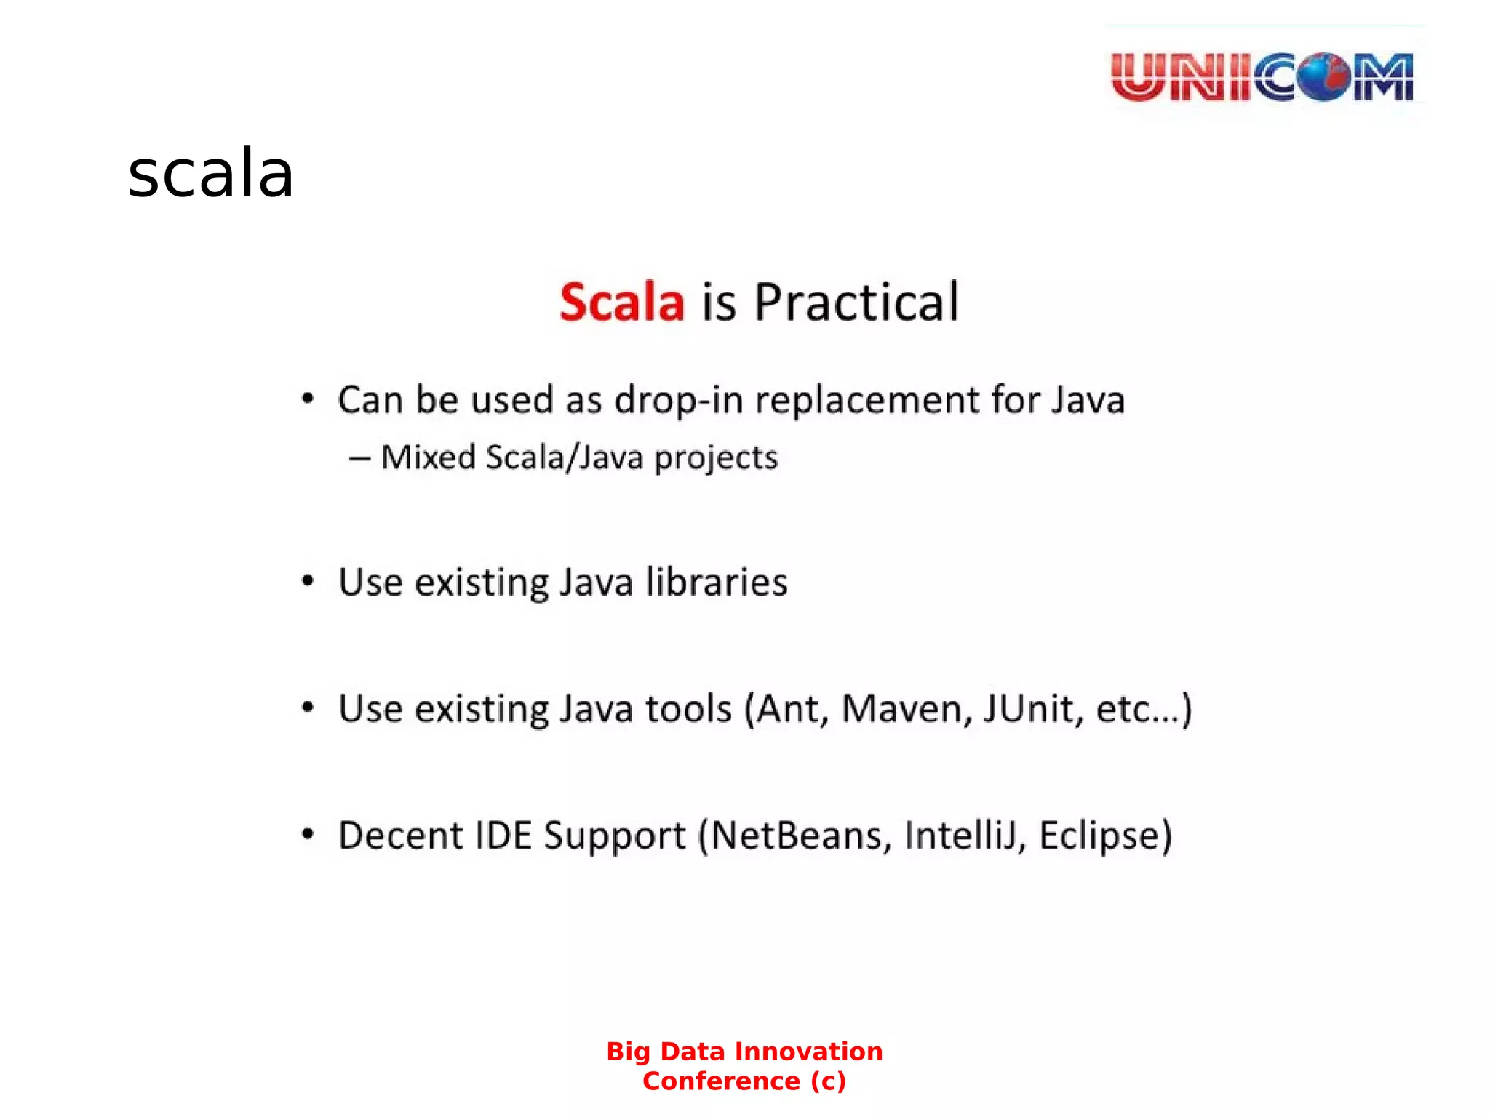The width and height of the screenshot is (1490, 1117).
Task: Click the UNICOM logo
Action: click(x=1262, y=76)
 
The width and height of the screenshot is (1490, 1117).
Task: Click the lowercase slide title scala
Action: click(x=210, y=174)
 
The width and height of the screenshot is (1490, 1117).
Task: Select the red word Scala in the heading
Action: click(x=622, y=302)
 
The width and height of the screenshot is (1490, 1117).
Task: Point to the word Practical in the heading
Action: click(x=856, y=302)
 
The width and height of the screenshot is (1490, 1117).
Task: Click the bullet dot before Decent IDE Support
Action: click(x=308, y=834)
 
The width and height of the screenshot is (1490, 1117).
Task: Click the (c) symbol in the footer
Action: click(x=828, y=1081)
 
